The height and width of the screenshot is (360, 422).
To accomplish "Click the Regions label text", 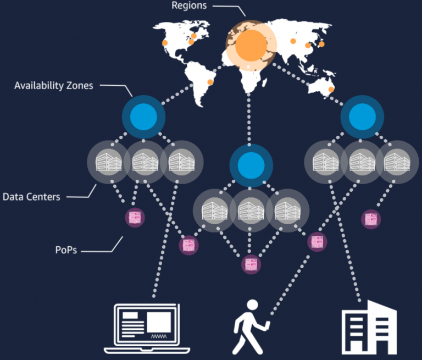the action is click(x=189, y=5).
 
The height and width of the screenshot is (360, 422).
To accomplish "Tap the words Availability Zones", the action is click(x=53, y=86).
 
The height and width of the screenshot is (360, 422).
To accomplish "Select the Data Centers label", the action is click(x=31, y=197).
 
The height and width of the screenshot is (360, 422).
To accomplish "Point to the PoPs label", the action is click(x=66, y=250).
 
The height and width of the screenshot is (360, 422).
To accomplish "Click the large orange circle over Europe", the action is click(x=251, y=45).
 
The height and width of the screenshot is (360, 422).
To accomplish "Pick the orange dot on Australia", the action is click(x=331, y=90).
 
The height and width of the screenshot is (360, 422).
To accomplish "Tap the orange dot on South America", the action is click(x=210, y=82).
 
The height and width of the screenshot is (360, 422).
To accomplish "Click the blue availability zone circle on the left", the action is click(x=143, y=117).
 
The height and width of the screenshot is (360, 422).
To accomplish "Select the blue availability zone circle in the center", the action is click(x=251, y=165).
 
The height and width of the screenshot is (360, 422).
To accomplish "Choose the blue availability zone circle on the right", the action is click(x=362, y=117).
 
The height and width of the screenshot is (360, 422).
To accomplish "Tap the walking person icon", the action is click(x=251, y=327).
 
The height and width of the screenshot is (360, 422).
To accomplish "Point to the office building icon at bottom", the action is click(x=369, y=327).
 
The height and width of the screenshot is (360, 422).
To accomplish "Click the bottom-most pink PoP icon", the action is click(x=251, y=264).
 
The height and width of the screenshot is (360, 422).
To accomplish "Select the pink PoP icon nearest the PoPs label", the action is click(x=135, y=218).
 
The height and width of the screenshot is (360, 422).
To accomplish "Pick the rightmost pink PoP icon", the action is click(x=371, y=219).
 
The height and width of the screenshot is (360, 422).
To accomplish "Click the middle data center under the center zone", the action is click(x=251, y=211).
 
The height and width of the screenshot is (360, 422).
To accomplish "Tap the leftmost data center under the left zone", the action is click(x=108, y=162).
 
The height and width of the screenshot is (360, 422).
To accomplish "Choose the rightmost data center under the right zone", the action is click(x=397, y=162).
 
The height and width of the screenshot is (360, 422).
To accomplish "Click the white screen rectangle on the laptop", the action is click(x=159, y=322).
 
